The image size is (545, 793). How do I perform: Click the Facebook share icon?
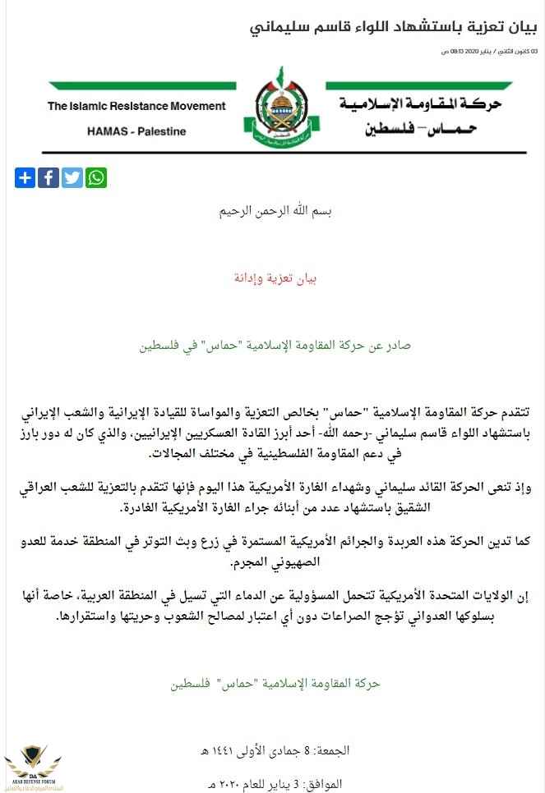tap(48, 177)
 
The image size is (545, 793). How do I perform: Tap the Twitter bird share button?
tap(72, 177)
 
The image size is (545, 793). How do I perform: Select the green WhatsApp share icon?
tap(96, 177)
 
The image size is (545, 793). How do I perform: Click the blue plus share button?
tap(25, 177)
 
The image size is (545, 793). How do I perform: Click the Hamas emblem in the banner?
tap(275, 113)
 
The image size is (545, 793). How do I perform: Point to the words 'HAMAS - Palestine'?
tap(136, 131)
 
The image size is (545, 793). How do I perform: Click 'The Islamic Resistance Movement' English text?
tap(136, 106)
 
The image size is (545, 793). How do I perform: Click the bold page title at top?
tap(394, 28)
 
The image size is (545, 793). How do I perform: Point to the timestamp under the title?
tap(489, 52)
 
